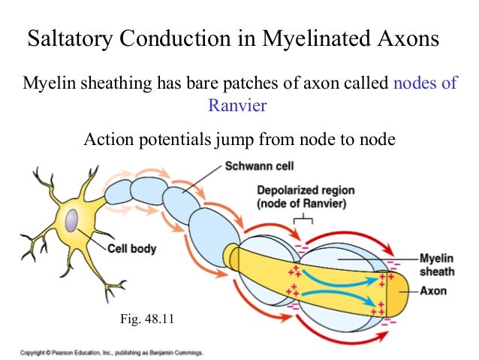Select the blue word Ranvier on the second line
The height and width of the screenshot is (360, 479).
237,106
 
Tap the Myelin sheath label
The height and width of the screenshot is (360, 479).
438,263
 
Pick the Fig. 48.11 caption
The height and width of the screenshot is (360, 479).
147,319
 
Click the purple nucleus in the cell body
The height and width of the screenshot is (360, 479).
71,221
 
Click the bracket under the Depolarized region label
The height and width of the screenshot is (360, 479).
303,219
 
